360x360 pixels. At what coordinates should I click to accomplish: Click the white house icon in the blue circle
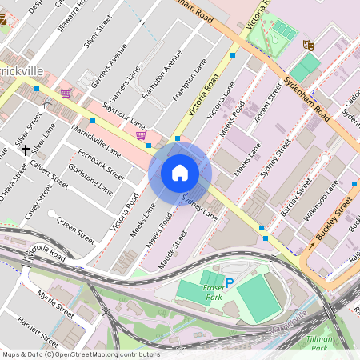click(x=180, y=172)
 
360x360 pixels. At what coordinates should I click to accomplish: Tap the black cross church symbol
click(x=26, y=150)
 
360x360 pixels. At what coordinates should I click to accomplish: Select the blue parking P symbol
click(x=230, y=282)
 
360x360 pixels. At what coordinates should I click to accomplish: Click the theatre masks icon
click(x=306, y=46)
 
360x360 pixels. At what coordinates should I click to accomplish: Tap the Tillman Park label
click(x=319, y=343)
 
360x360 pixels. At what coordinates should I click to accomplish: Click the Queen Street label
click(x=76, y=229)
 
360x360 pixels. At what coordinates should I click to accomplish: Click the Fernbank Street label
click(x=104, y=164)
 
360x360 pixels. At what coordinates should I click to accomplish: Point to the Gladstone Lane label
click(x=90, y=182)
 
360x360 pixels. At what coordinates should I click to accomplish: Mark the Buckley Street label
click(x=331, y=224)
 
